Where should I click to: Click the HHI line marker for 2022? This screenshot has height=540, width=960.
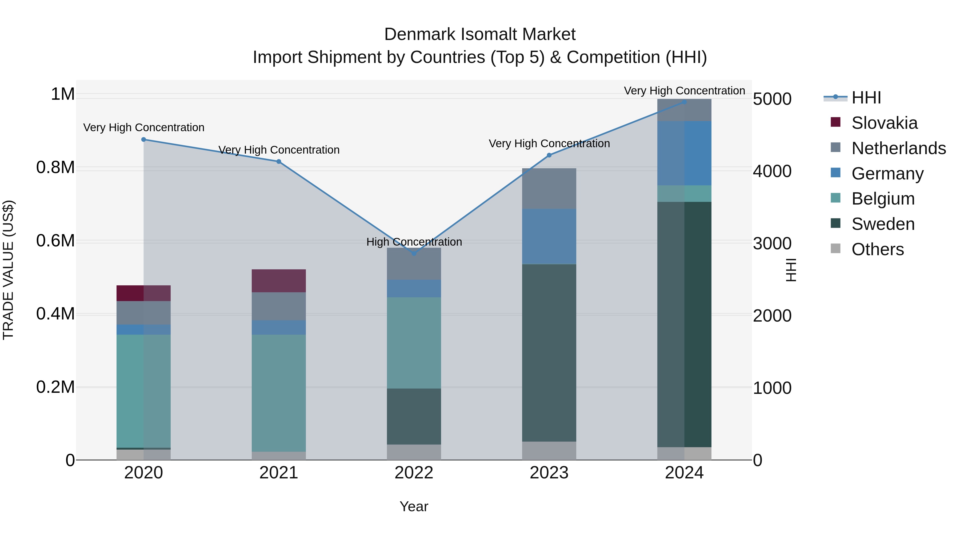coord(414,253)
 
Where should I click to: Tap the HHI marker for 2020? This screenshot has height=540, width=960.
coord(143,139)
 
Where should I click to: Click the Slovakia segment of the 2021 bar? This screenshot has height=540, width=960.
coord(279,281)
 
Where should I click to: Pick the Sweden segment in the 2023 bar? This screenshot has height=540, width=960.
coord(549,353)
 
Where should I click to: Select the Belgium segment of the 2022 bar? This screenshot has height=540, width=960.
coord(414,343)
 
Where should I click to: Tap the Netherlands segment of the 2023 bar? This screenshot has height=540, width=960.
coord(549,189)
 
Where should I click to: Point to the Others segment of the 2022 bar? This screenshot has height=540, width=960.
coord(414,452)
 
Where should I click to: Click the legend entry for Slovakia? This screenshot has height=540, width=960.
coord(884,123)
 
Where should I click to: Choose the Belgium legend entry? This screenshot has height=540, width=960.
coord(882,199)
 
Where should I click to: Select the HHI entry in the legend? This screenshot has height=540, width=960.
coord(866,98)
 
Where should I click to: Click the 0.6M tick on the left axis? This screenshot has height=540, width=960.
coord(55,241)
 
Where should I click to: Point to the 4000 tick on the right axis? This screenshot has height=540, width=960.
coord(772,171)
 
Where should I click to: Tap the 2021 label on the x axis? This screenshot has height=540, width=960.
coord(279,473)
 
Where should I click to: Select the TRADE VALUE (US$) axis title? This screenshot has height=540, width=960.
coord(8,270)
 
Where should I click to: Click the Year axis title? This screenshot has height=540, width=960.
coord(414,506)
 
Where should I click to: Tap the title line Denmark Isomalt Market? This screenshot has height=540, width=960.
coord(480,34)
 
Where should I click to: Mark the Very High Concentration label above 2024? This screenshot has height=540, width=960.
coord(684,91)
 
